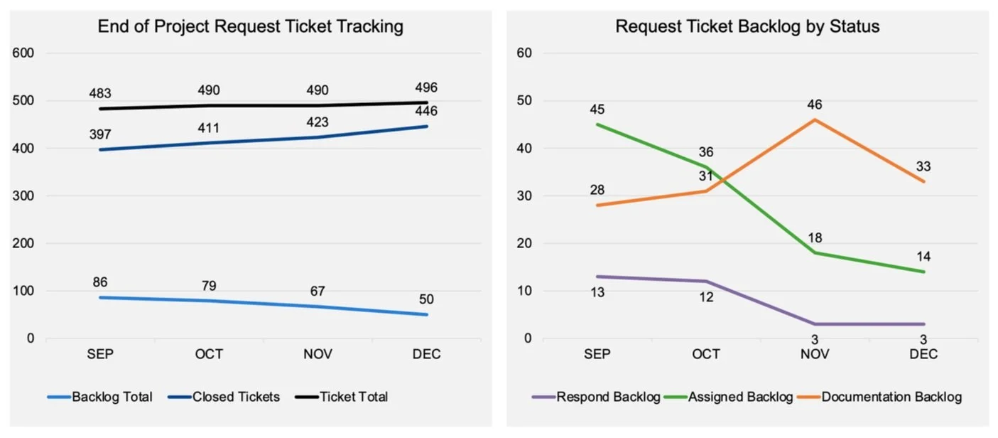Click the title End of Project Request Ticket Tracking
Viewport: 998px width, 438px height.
coord(250,27)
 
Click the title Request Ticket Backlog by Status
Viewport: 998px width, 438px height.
coord(747,27)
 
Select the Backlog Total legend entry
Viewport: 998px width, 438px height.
coord(112,397)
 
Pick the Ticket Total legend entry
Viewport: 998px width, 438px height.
coord(353,397)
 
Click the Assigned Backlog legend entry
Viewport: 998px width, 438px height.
coord(740,397)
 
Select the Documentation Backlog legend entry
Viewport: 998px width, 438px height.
coord(891,397)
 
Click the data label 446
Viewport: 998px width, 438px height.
coord(427,111)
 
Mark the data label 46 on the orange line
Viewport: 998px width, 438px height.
coord(814,105)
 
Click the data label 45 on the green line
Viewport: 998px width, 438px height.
coord(597,109)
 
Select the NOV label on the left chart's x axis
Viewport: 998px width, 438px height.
coord(318,354)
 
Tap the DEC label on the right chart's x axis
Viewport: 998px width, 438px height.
coord(924,354)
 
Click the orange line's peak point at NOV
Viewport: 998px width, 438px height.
coord(815,119)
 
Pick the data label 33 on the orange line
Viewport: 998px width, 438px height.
coord(923,166)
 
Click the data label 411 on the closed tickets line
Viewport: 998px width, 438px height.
coord(210,128)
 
